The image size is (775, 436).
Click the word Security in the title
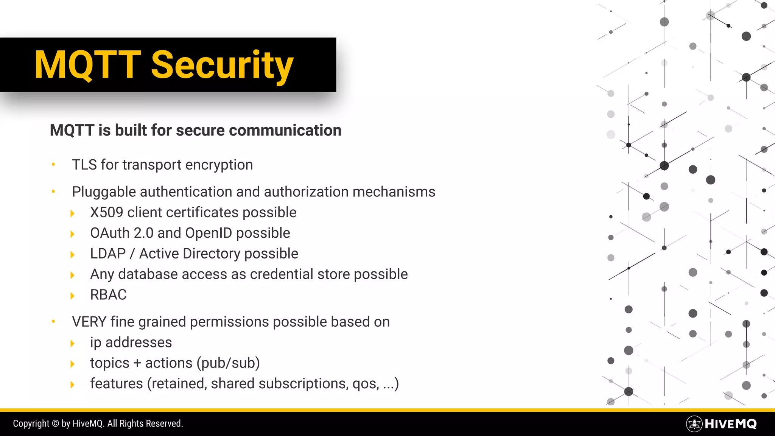tap(222, 65)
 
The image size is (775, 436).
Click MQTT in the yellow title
tap(87, 65)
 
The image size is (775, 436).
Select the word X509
tap(106, 213)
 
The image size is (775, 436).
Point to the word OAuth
tap(110, 233)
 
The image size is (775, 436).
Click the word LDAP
tap(108, 254)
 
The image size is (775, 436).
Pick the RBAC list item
tap(108, 295)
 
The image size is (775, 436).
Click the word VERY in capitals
tap(89, 322)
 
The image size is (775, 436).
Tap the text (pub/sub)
tap(228, 363)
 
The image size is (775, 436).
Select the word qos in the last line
tap(365, 384)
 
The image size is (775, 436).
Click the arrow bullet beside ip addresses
tap(72, 343)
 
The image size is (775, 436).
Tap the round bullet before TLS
tap(53, 164)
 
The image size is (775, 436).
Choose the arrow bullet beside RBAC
tap(72, 296)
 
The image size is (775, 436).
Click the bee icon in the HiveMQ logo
tap(694, 424)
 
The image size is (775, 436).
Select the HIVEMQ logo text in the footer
tap(730, 424)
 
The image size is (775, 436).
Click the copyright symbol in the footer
tap(55, 424)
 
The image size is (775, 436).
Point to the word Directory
tap(211, 254)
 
